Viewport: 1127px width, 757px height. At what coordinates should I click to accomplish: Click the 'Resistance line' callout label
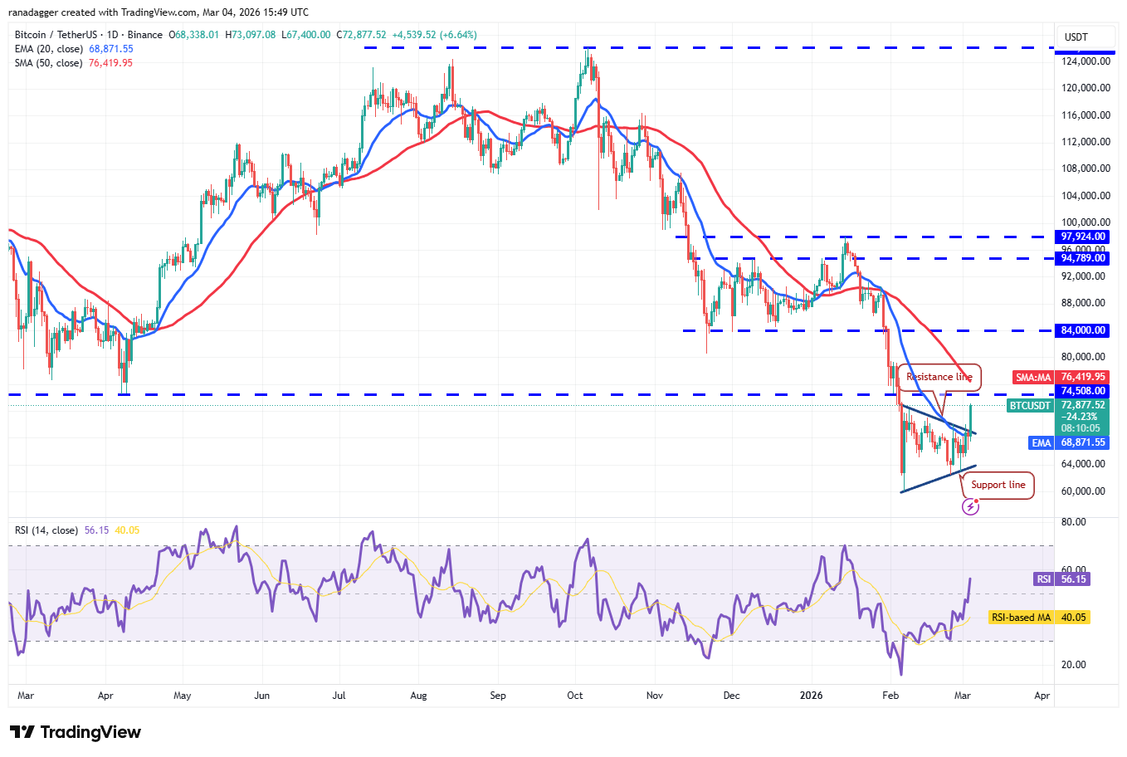[x=939, y=377]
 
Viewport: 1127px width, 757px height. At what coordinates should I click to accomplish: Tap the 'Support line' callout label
[x=998, y=485]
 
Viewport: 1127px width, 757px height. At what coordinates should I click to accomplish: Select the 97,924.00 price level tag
[x=1083, y=237]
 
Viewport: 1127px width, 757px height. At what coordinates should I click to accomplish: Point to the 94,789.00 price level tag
[x=1083, y=258]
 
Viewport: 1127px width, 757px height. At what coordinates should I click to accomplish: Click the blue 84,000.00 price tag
[x=1083, y=330]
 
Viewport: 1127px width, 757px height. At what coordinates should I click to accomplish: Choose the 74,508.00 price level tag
[x=1083, y=391]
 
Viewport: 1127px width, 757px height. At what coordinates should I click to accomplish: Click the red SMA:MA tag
[x=1033, y=378]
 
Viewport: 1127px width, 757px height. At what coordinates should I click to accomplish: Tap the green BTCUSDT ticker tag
[x=1030, y=406]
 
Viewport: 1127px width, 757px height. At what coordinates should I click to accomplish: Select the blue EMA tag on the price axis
[x=1042, y=443]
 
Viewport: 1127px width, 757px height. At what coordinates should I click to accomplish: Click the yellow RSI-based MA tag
[x=1021, y=618]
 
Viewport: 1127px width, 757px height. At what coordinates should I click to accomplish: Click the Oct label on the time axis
[x=575, y=696]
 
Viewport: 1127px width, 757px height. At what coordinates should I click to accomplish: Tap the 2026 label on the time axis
[x=811, y=696]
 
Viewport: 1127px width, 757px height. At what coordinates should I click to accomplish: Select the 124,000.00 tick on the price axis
[x=1086, y=61]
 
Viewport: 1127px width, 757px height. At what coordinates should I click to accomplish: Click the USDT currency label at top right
[x=1076, y=37]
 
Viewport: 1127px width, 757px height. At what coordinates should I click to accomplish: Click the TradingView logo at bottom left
[x=76, y=732]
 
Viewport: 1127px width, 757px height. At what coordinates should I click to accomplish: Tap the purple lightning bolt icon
[x=970, y=506]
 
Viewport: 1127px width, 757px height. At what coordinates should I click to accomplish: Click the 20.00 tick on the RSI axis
[x=1074, y=665]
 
